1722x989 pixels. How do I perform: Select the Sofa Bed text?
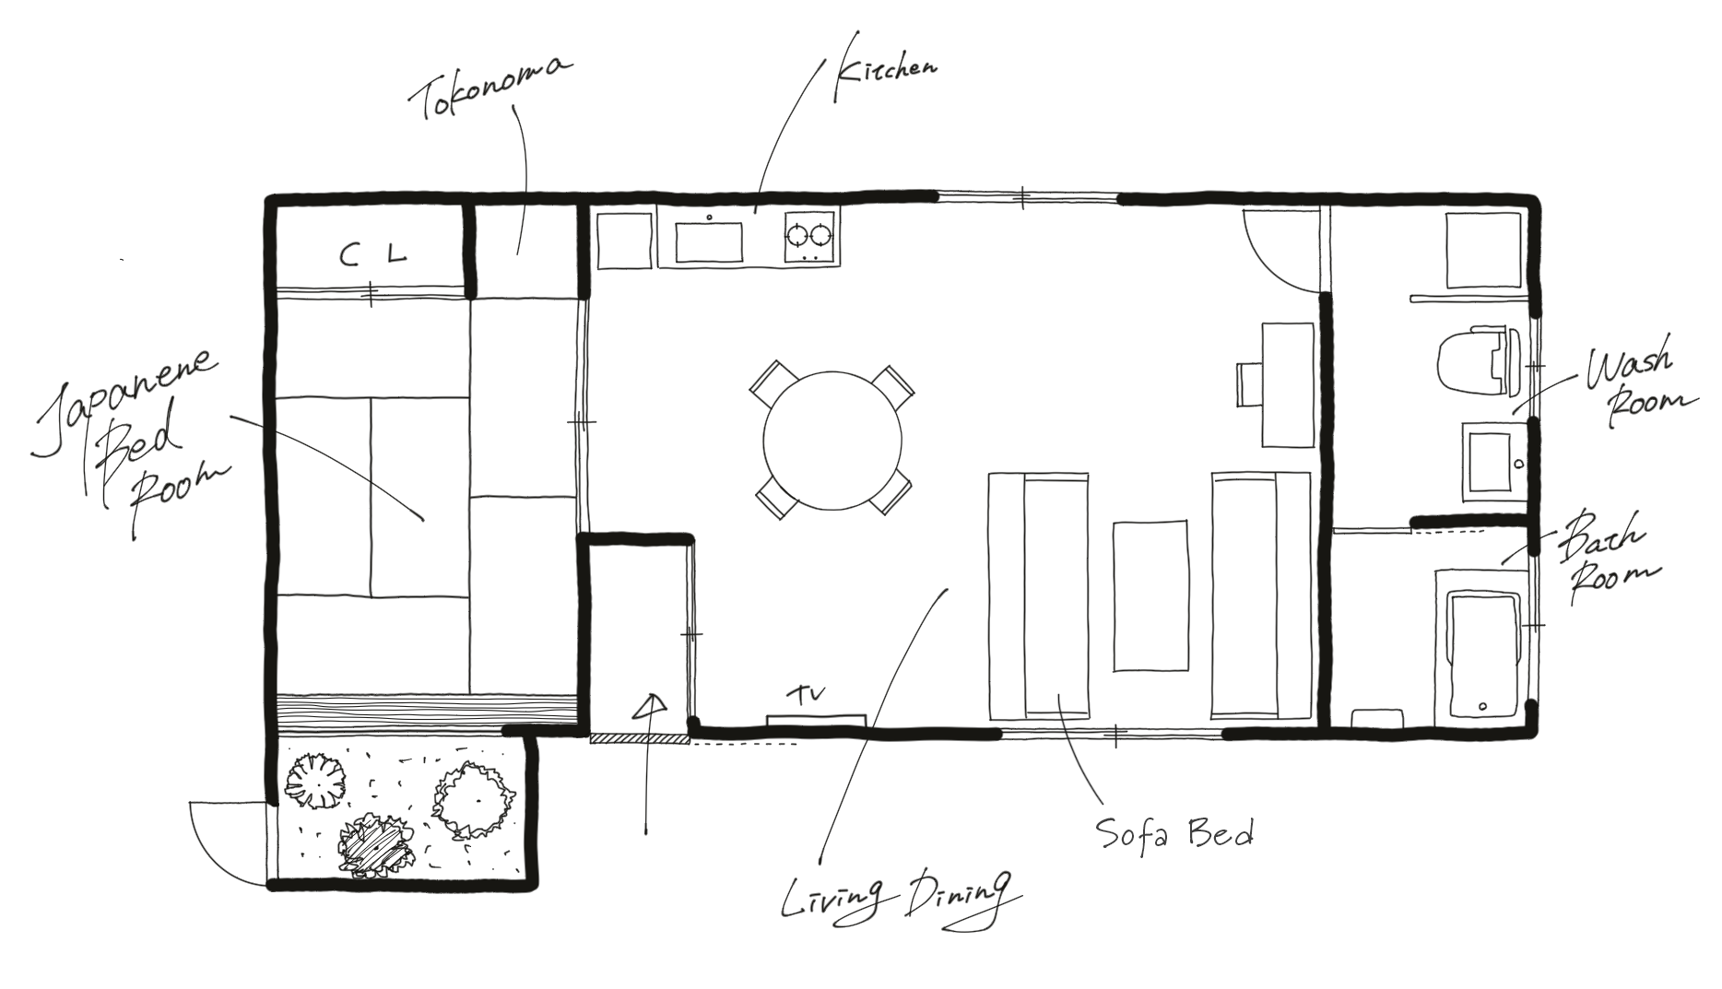(x=1174, y=834)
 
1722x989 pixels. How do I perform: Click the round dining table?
(x=832, y=441)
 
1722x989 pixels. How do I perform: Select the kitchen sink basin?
(x=709, y=242)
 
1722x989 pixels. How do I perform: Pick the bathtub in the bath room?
(x=1483, y=655)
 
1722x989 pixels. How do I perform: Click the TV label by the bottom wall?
(x=807, y=692)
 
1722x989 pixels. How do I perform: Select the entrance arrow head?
(x=652, y=706)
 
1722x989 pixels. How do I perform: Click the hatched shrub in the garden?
(x=376, y=843)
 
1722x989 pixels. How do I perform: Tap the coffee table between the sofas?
(x=1150, y=596)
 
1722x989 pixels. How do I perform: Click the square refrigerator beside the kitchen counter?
(x=624, y=241)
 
